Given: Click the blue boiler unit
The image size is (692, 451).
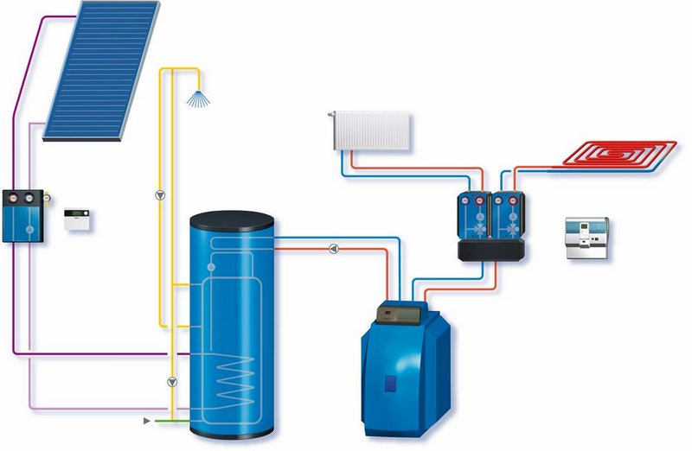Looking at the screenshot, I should click(406, 363).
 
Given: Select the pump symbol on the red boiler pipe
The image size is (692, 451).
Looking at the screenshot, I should click(334, 250).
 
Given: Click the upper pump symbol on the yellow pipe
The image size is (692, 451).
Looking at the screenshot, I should click(160, 194).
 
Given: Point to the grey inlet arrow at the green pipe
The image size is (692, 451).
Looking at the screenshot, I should click(146, 421).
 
